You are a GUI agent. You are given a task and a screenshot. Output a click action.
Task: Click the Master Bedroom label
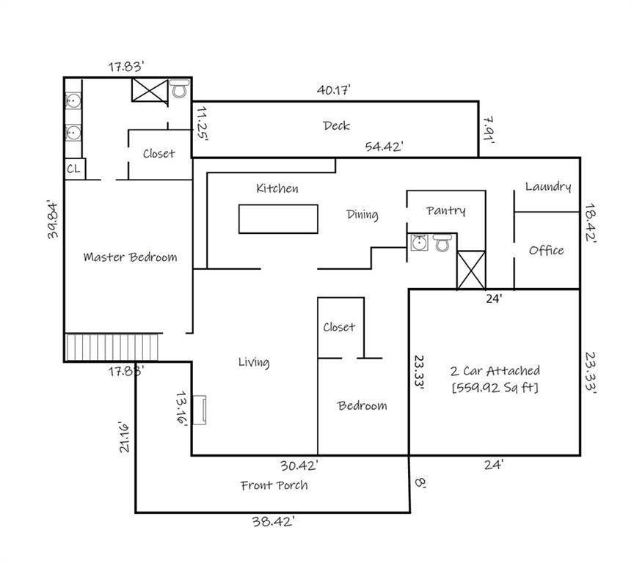[x=130, y=257]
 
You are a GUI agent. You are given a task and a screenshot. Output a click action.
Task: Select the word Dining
[x=362, y=215]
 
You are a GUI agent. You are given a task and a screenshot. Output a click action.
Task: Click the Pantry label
[x=445, y=210]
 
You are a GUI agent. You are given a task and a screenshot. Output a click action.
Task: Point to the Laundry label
[x=548, y=187]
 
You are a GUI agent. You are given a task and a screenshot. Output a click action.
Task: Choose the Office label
[x=546, y=251]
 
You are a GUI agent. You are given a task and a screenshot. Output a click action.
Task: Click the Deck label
[x=336, y=125]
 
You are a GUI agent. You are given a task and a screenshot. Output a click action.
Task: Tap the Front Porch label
[x=274, y=485]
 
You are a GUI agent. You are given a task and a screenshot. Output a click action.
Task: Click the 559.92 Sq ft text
[x=495, y=388]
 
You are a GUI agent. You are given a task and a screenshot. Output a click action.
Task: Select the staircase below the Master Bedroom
[x=112, y=347]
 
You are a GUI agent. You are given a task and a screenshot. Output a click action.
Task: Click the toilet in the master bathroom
[x=179, y=89]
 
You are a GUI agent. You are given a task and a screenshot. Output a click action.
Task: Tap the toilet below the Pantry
[x=442, y=243]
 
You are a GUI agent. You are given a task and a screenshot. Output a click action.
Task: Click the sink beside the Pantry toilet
[x=419, y=243]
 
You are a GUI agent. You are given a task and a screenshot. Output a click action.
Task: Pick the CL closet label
[x=73, y=169]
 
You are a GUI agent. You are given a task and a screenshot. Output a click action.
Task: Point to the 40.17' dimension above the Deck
[x=334, y=89]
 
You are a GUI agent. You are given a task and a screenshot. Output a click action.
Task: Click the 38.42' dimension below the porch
[x=273, y=521]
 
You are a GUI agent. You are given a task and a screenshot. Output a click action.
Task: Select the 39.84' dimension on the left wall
[x=53, y=219]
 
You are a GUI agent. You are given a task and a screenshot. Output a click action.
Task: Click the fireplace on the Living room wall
[x=199, y=410]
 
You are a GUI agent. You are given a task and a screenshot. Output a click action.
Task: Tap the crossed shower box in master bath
[x=150, y=90]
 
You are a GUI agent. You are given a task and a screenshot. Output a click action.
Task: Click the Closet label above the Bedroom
[x=339, y=327]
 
